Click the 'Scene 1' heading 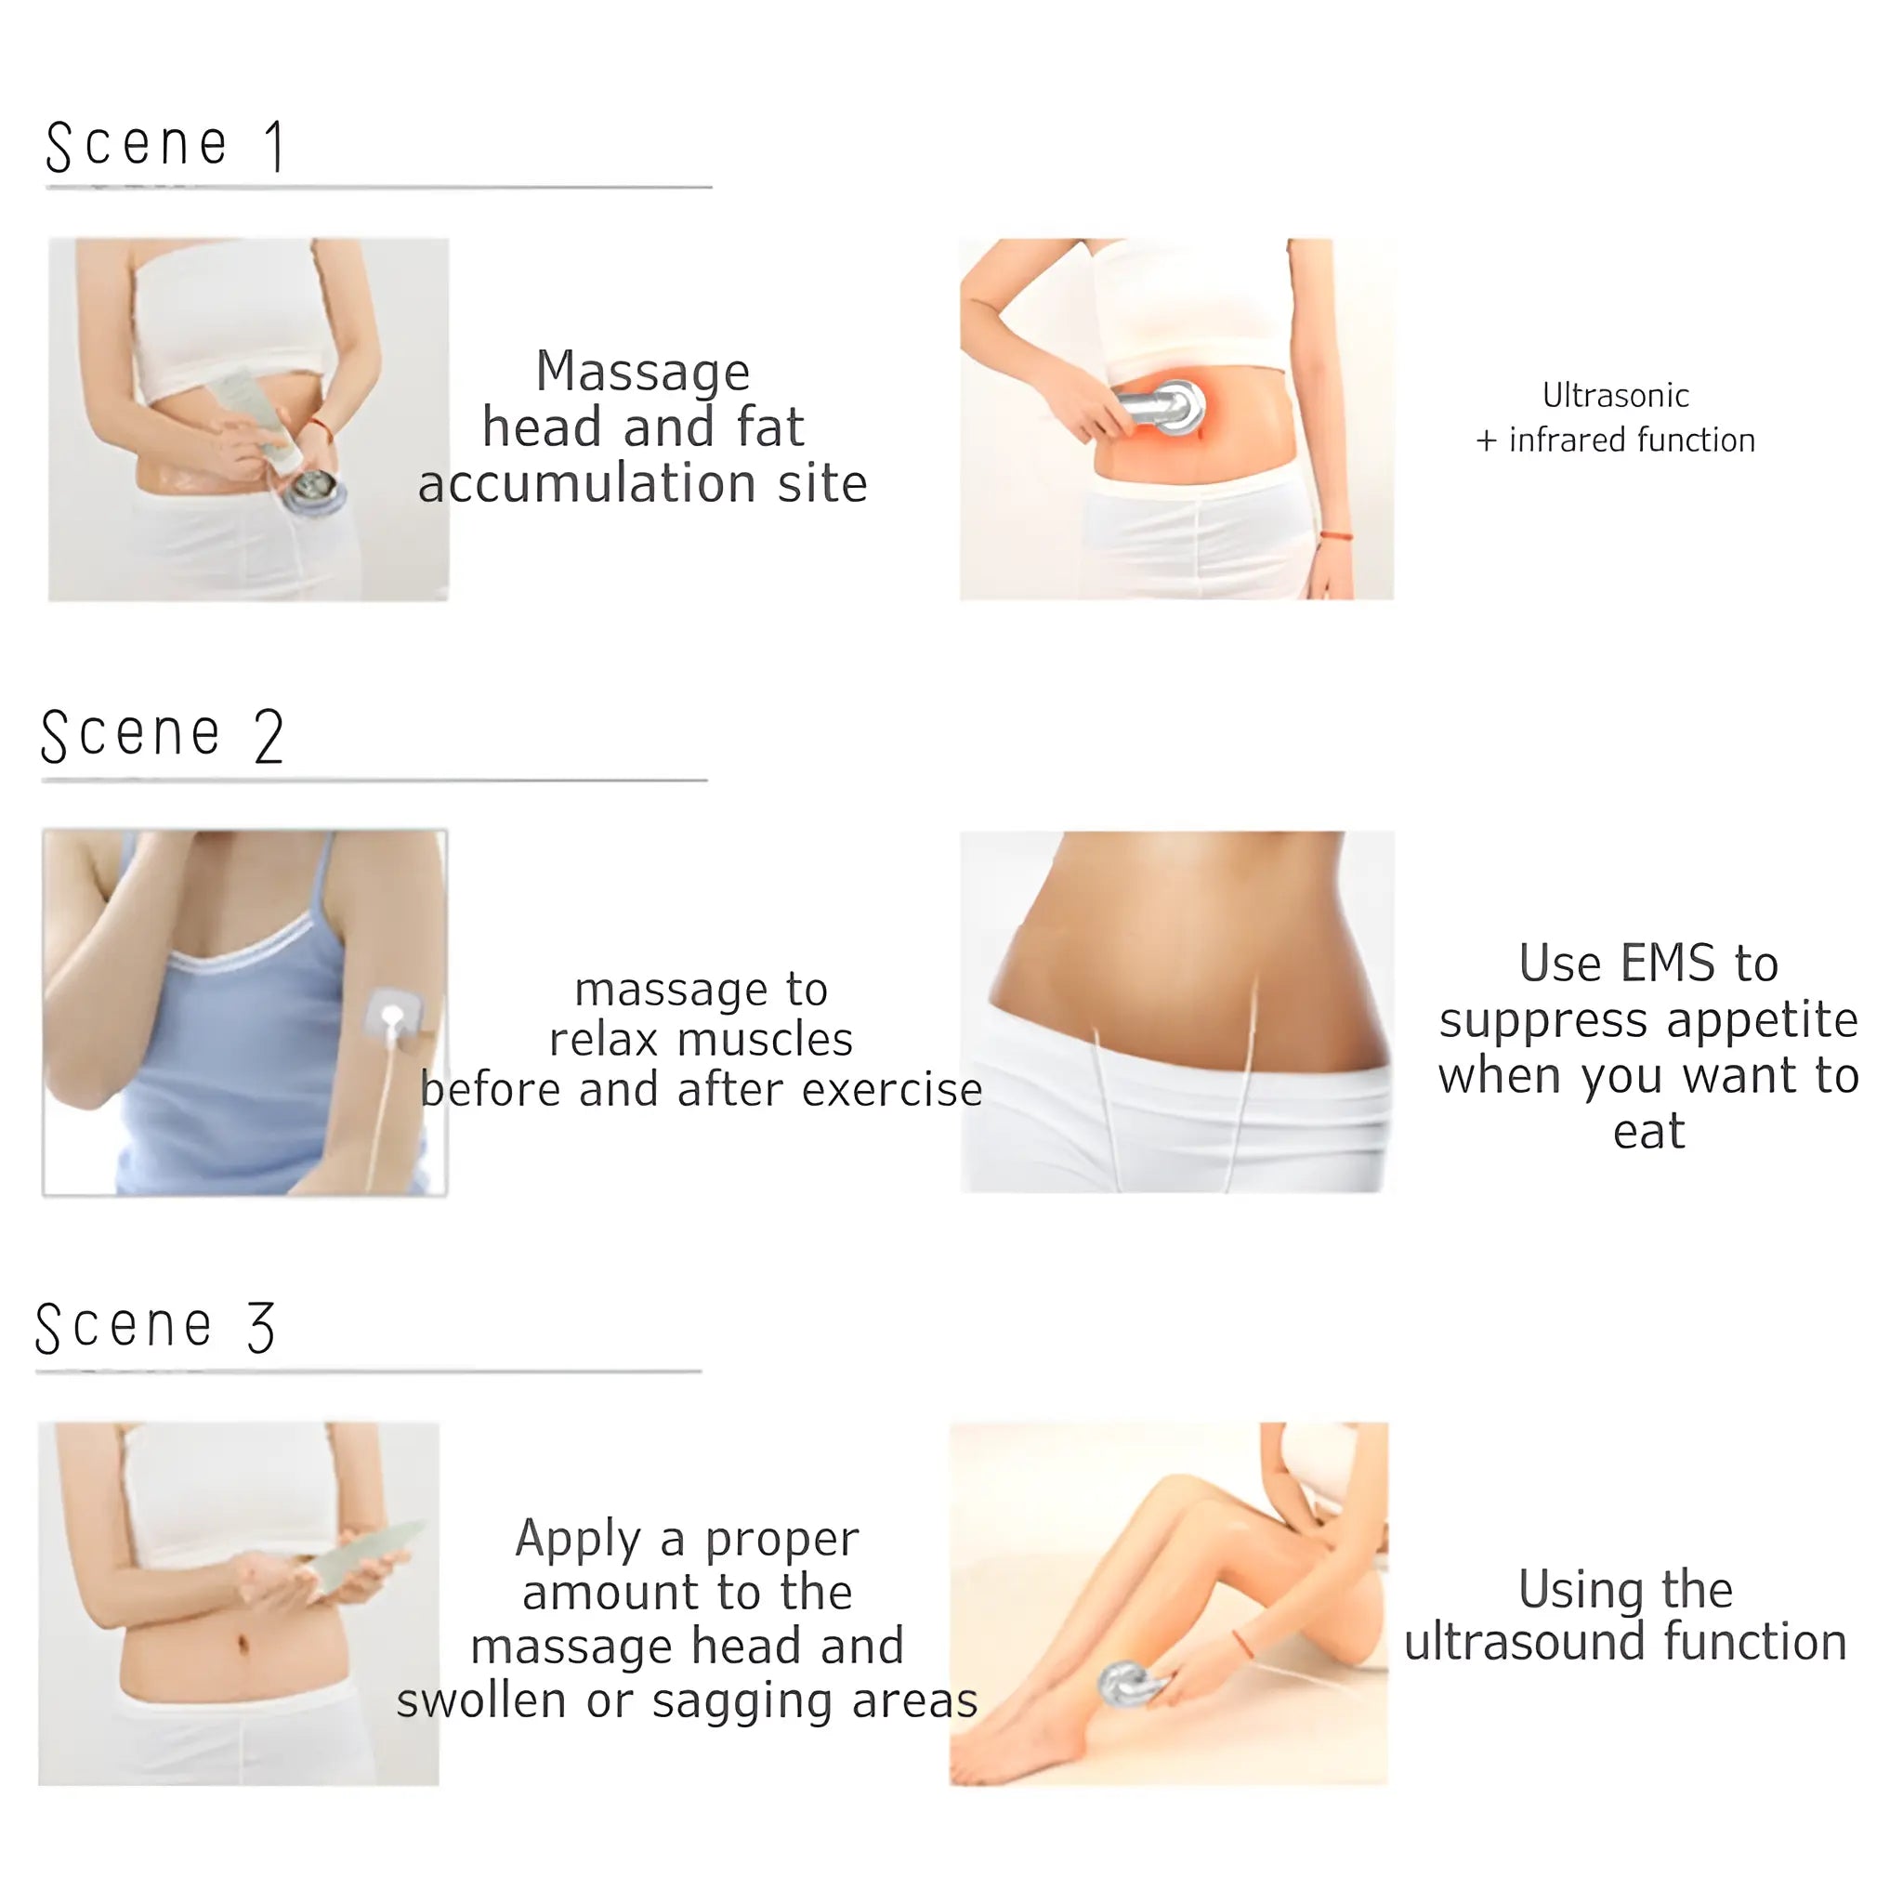pos(165,146)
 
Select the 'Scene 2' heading pos(163,736)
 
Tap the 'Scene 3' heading pos(155,1326)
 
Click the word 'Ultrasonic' pos(1615,395)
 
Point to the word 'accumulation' pos(588,482)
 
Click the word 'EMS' pos(1671,963)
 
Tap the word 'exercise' pos(892,1088)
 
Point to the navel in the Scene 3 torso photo pos(243,1645)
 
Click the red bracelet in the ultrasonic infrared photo pos(1334,536)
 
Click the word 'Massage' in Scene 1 pos(642,372)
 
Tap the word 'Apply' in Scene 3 pos(577,1541)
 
